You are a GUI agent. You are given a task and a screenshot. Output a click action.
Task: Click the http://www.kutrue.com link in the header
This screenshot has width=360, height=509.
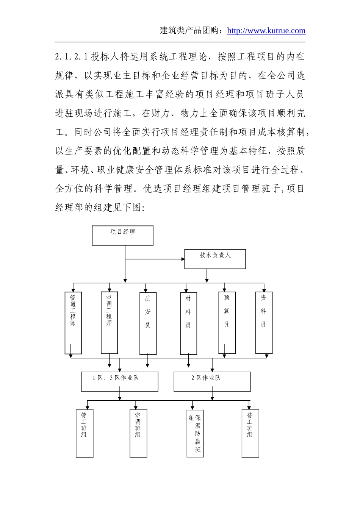coord(266,31)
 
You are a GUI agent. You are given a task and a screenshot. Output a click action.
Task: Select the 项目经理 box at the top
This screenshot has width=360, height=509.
coord(123,236)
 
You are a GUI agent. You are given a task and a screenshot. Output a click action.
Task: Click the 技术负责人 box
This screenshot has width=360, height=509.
coord(215,259)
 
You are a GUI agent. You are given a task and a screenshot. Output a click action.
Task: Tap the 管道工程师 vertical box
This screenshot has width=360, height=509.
coord(73,323)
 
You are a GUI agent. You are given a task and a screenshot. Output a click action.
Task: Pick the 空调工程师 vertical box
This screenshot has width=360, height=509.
coord(109,322)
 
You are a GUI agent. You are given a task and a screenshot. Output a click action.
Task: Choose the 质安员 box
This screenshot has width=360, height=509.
coord(148,323)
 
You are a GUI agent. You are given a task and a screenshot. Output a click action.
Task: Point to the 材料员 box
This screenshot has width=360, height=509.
coord(188,323)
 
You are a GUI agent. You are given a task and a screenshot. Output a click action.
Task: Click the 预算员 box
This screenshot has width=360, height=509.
coord(227,322)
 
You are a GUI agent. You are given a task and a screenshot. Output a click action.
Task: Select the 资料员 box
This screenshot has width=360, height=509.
coord(264,322)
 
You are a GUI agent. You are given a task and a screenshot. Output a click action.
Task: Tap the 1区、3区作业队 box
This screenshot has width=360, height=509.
coord(119,381)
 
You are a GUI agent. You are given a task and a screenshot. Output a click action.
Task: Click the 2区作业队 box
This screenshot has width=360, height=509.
coord(212,381)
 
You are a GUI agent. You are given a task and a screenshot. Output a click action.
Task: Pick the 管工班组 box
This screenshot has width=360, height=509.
coord(85,433)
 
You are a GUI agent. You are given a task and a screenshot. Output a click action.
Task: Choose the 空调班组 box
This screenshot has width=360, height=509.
coord(138,433)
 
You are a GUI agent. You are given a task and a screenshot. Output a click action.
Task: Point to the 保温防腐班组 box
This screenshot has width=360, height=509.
coord(195,434)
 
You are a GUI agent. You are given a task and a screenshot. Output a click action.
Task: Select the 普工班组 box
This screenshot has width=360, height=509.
coord(250,433)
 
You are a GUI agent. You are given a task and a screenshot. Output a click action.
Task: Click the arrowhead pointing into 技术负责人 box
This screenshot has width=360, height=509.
coord(183,259)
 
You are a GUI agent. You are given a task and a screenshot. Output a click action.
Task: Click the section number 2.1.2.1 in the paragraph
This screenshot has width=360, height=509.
coord(71,57)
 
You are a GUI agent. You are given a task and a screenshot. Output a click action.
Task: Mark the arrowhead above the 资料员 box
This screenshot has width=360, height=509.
coord(264,290)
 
